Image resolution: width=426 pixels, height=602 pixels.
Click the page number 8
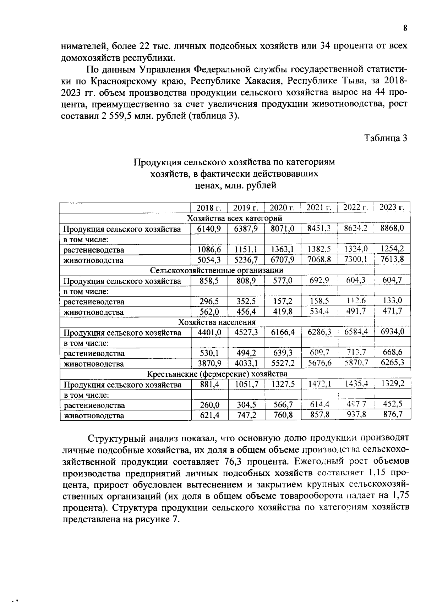point(405,29)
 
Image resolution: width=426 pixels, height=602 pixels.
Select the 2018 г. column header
point(209,208)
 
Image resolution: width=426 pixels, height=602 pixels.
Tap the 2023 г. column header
point(392,207)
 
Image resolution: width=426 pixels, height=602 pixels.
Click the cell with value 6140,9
point(209,228)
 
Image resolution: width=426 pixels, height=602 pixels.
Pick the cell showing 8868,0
point(392,228)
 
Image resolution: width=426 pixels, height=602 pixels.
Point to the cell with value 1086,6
point(209,249)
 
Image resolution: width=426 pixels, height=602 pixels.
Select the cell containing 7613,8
point(392,259)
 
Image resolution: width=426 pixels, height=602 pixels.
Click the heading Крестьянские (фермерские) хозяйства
point(217,374)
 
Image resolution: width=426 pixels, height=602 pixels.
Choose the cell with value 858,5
point(209,281)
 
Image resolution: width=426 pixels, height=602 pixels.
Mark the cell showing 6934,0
point(392,332)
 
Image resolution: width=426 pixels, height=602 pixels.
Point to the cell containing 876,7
point(393,414)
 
